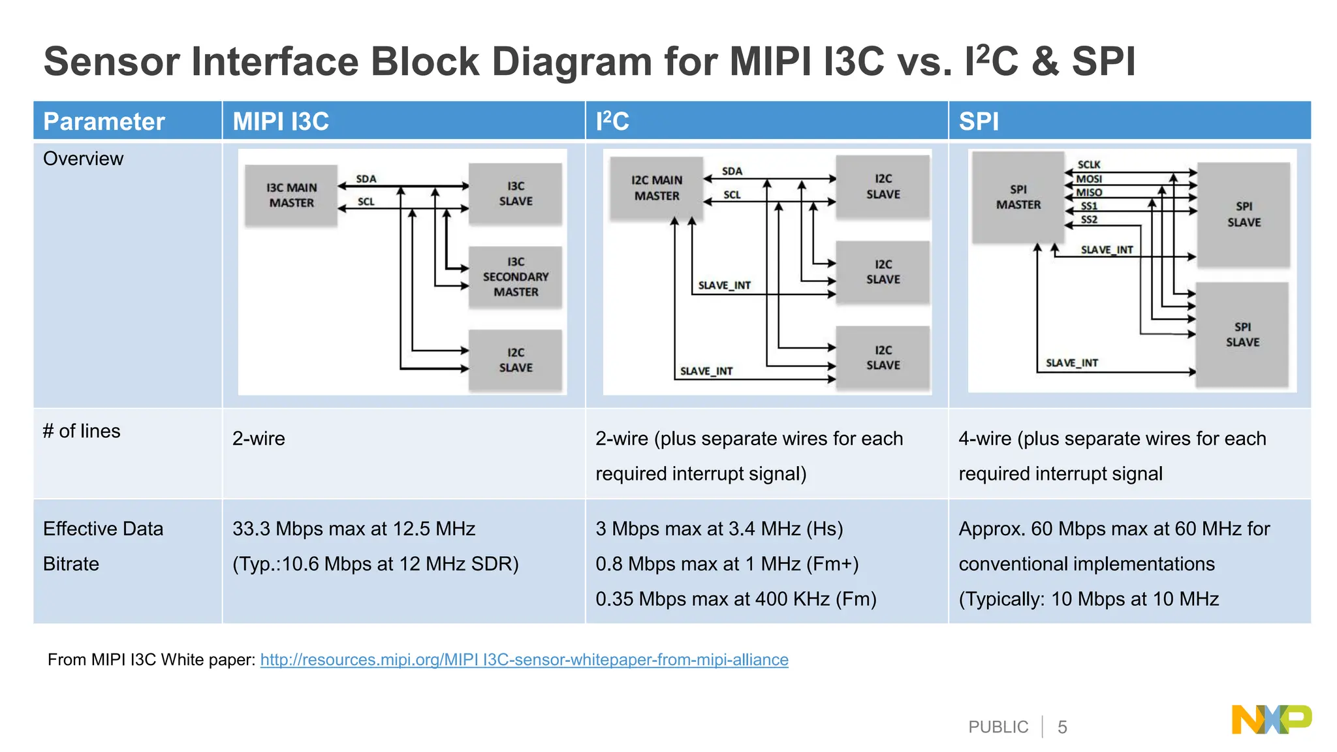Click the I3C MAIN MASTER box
click(291, 195)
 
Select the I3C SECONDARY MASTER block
click(515, 277)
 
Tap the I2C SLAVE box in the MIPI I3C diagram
click(515, 360)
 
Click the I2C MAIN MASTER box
click(656, 188)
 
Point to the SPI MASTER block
click(1018, 197)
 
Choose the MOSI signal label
click(1089, 179)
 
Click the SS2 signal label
click(1089, 220)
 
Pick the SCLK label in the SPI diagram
click(1089, 164)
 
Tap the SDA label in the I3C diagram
click(366, 179)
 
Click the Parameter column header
click(104, 121)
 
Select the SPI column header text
click(979, 121)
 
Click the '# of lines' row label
click(82, 431)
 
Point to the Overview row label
click(83, 159)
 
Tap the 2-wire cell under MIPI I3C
click(259, 439)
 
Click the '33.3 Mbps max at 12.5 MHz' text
click(353, 529)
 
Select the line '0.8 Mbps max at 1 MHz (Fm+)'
click(727, 564)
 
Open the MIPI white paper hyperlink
click(524, 660)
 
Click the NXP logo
click(1271, 720)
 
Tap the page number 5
click(1062, 727)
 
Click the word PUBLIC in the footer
click(998, 727)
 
